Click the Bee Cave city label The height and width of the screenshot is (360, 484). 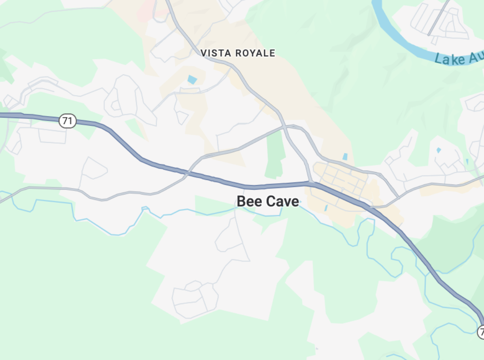coord(267,201)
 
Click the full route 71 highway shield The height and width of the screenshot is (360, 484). coord(68,121)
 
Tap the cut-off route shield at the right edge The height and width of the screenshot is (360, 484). coord(481,332)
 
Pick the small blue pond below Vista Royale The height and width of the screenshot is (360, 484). coord(192,79)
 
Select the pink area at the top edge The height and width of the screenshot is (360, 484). coord(146,12)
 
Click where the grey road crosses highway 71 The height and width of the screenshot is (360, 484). coord(187,173)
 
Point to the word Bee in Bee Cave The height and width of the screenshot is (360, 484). coord(247,201)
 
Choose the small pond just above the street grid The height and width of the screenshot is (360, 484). coord(345,156)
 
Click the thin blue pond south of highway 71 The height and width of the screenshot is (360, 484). coord(326,208)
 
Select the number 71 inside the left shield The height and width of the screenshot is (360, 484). coord(68,121)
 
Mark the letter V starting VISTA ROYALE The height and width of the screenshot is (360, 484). coord(204,53)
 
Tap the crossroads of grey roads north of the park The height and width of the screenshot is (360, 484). coord(285,127)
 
